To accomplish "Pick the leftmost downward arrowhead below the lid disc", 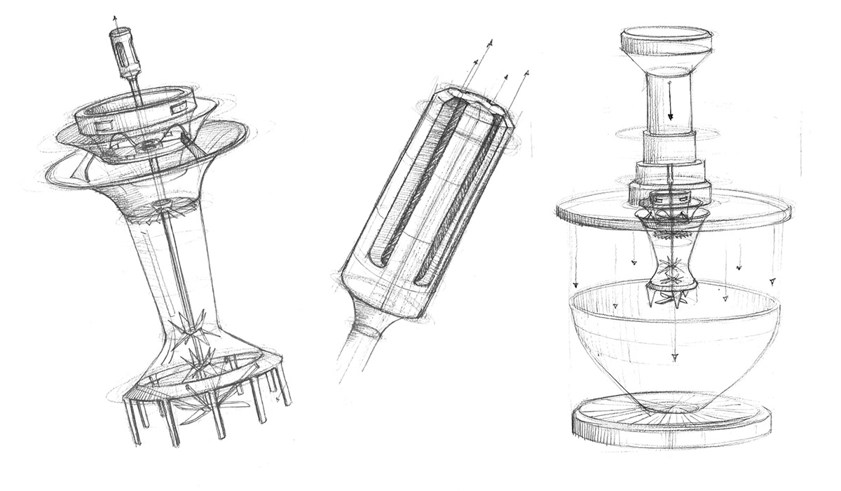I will (575, 285).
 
